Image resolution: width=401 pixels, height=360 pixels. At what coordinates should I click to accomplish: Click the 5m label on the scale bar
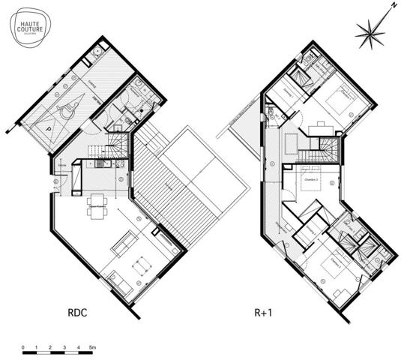(91, 348)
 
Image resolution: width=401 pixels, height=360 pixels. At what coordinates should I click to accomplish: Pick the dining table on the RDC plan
(95, 205)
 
